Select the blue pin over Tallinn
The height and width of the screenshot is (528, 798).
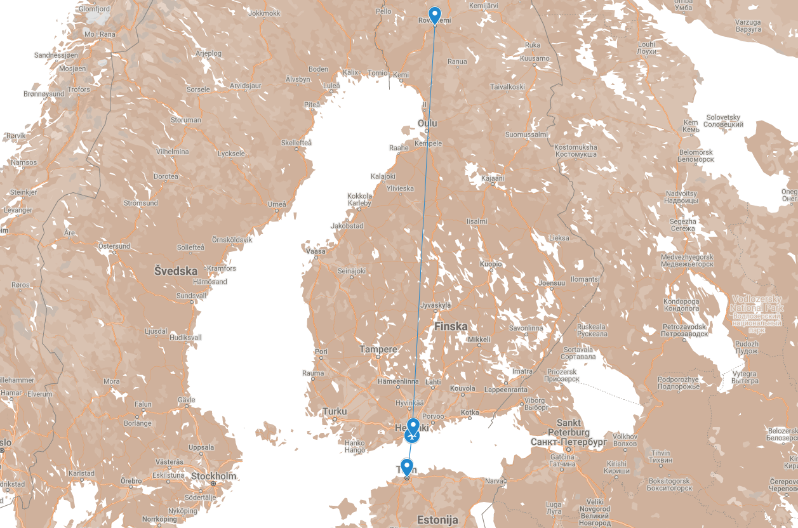(407, 467)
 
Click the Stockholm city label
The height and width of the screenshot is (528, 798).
(213, 476)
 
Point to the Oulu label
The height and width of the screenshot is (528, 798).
(427, 122)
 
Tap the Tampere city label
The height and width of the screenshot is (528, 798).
(378, 349)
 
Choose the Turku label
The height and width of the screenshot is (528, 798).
(335, 411)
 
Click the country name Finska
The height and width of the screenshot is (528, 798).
(451, 326)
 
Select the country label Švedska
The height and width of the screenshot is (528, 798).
(176, 271)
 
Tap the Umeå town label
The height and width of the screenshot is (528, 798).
(277, 204)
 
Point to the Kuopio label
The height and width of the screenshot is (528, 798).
(491, 263)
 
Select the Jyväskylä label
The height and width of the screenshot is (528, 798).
(436, 305)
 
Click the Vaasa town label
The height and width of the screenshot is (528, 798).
(316, 251)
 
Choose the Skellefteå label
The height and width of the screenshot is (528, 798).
(297, 143)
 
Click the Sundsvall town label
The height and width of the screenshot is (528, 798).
(191, 296)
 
